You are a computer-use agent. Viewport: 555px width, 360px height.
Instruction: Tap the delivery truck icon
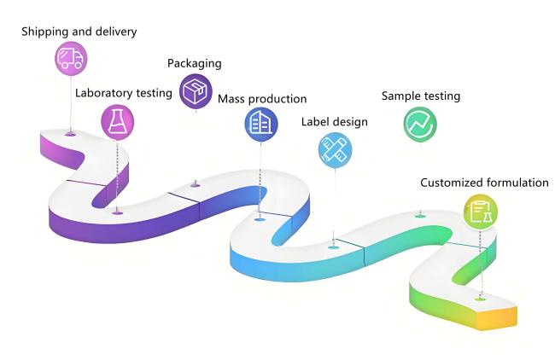pos(70,58)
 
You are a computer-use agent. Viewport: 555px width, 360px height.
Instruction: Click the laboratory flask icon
pos(117,121)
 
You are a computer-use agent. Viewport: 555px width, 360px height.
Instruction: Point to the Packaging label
pos(195,63)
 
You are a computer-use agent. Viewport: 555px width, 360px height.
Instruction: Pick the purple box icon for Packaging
pos(196,90)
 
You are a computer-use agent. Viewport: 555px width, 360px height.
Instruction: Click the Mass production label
pos(262,99)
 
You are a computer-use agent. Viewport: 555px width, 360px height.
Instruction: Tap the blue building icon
pos(260,125)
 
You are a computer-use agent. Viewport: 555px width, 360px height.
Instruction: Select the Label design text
pos(335,122)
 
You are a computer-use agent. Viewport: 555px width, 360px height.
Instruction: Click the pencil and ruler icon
pos(335,149)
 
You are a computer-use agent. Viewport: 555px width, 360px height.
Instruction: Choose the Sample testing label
pos(421,96)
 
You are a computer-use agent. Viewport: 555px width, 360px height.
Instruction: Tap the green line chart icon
pos(420,124)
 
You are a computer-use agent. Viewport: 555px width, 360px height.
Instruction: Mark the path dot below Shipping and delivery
pos(70,134)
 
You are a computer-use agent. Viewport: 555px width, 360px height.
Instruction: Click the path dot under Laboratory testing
pos(117,211)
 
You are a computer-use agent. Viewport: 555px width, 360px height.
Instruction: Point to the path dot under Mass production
pos(260,218)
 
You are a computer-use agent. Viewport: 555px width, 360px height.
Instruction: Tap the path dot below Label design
pos(334,247)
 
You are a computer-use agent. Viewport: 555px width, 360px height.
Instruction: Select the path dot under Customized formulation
pos(480,298)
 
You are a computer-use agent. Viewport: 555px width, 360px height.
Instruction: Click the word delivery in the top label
pos(117,32)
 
